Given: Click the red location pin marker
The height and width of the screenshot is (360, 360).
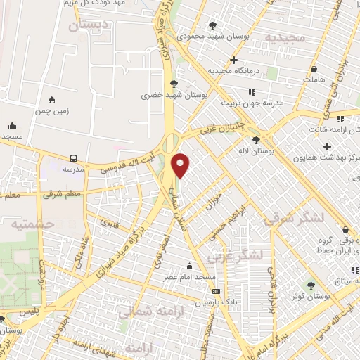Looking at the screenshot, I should tap(181, 165).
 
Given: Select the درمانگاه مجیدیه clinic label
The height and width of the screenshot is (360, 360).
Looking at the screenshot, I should tap(239, 71).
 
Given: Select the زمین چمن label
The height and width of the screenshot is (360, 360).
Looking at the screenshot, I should tap(50, 111).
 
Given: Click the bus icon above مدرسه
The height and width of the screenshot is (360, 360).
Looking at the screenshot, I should tap(74, 158).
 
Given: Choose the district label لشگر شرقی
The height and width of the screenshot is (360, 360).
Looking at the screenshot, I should tap(294, 219).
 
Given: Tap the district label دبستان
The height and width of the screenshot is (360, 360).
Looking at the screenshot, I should tap(89, 25).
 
